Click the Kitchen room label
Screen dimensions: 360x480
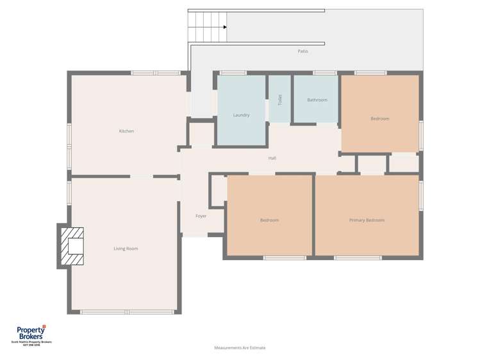126,131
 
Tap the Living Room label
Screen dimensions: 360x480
126,249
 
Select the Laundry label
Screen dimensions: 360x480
241,115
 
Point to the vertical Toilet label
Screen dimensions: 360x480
280,100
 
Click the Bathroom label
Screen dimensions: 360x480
317,100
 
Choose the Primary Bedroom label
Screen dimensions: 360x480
367,220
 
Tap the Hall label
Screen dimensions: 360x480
272,158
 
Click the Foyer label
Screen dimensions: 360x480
201,216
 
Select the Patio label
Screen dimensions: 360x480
302,51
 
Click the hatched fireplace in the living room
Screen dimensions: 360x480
72,245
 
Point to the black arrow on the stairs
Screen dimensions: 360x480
225,27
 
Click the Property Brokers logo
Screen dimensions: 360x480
31,333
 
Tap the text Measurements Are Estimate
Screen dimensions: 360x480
240,348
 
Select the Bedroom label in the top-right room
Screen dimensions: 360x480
379,119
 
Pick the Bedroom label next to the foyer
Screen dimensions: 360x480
269,220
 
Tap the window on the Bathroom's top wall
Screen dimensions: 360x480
325,73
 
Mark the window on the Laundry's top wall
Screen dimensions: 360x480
233,73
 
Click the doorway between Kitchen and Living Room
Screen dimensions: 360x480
142,176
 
